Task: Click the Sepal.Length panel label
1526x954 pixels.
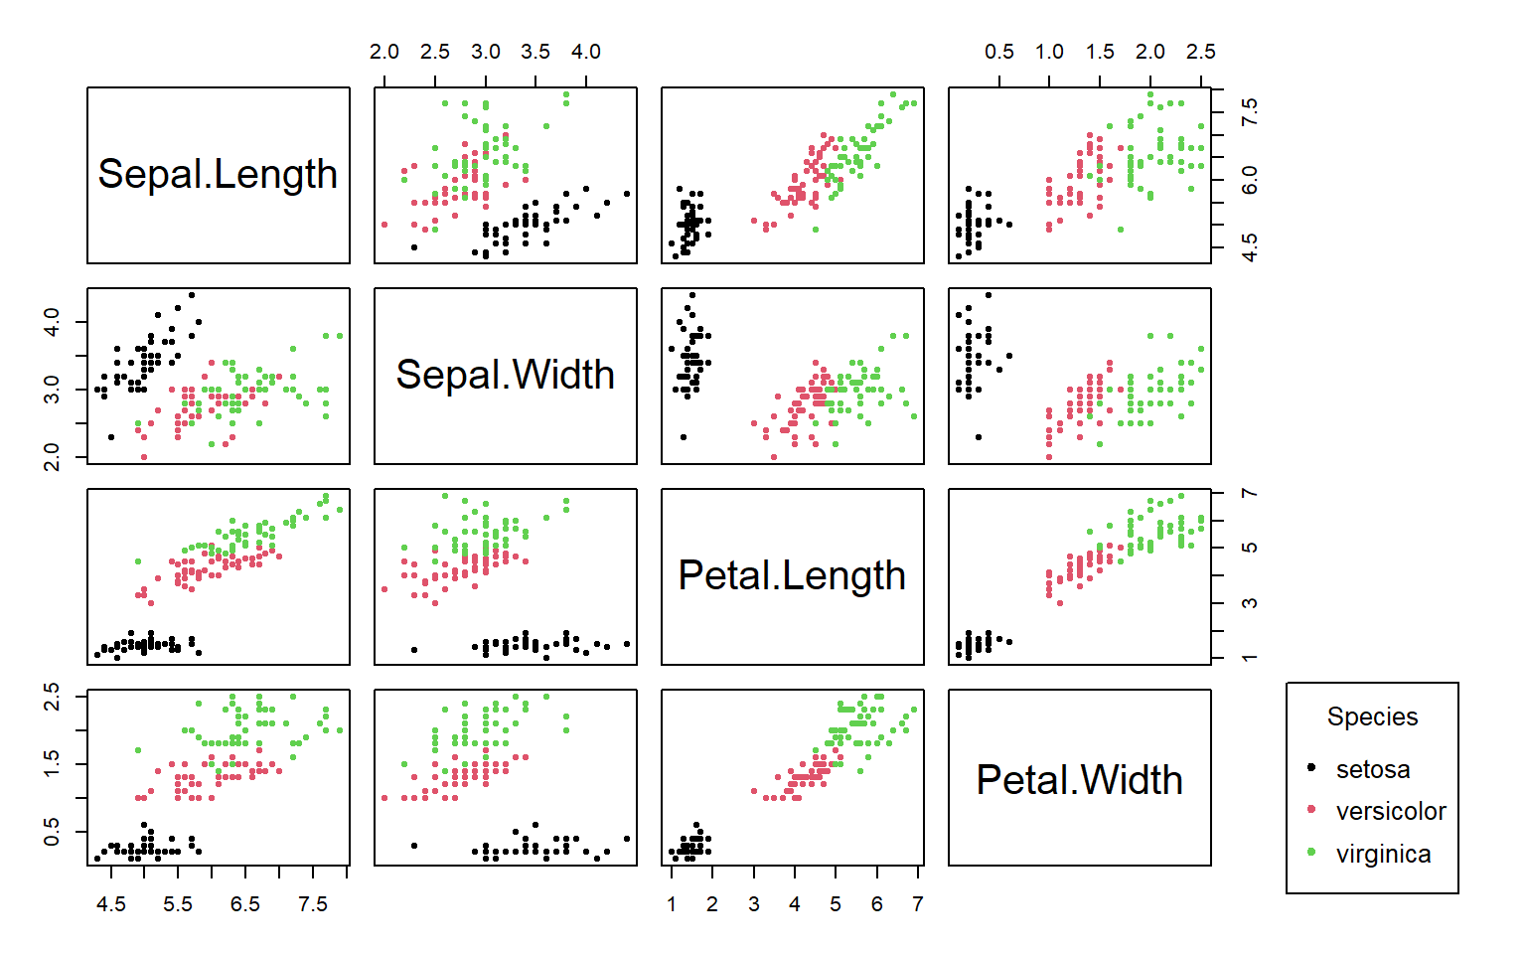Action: coord(218,174)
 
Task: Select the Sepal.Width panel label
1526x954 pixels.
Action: coord(505,375)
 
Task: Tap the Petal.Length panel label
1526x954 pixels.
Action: coord(792,575)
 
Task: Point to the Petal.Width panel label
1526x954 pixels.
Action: coord(1079,780)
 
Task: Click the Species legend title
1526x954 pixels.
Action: coord(1372,716)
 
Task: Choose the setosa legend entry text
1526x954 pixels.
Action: coord(1372,769)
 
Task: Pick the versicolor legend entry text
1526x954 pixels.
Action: coord(1390,811)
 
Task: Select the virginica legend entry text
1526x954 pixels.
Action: coord(1383,854)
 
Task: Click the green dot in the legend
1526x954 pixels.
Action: coord(1311,853)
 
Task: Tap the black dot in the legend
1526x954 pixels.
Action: coord(1311,768)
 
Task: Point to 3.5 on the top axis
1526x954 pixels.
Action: coord(534,52)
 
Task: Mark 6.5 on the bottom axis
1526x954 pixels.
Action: coord(244,904)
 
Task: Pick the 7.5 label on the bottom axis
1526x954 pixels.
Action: coord(312,904)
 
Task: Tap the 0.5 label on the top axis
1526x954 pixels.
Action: coord(998,52)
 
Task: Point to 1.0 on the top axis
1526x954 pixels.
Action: coord(1049,52)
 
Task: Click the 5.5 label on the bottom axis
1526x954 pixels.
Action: coord(177,904)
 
